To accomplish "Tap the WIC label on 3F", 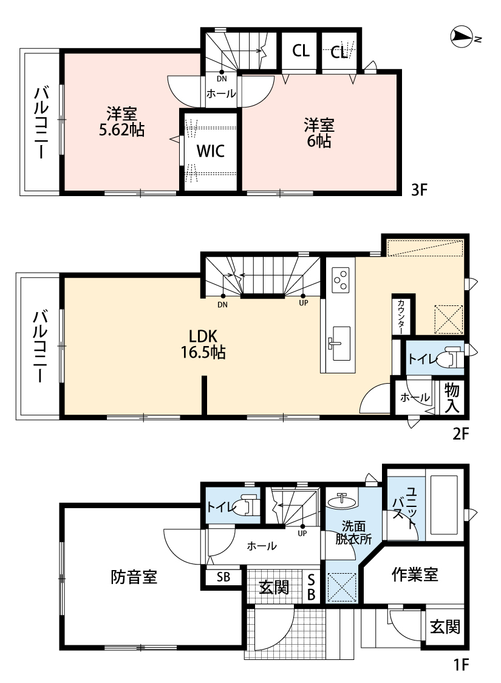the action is [x=210, y=151].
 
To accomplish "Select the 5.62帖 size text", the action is [x=122, y=131].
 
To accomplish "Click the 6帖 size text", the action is [x=319, y=141].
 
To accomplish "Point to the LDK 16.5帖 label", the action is [x=203, y=344].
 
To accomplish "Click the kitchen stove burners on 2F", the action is [x=340, y=280].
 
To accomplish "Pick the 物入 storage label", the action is [x=452, y=398].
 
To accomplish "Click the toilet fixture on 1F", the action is [x=246, y=506].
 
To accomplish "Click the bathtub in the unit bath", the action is [x=444, y=505].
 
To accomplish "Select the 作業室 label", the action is [x=415, y=575].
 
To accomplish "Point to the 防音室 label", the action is [x=134, y=577].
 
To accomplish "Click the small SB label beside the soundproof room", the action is [x=223, y=577].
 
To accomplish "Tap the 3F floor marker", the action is [x=419, y=190].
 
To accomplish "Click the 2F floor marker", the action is [x=460, y=433].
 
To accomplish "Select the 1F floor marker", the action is [x=460, y=665].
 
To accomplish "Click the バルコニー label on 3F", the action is [x=40, y=123].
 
